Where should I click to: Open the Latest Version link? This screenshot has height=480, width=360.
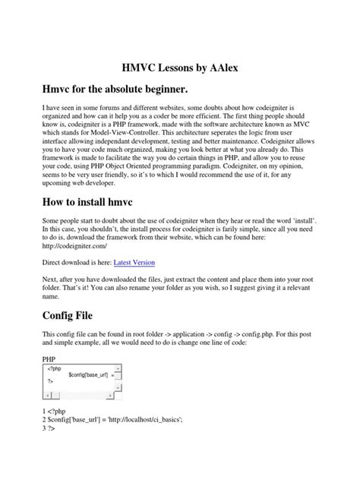click(x=134, y=262)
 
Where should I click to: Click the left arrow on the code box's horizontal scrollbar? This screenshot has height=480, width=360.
click(x=47, y=394)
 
